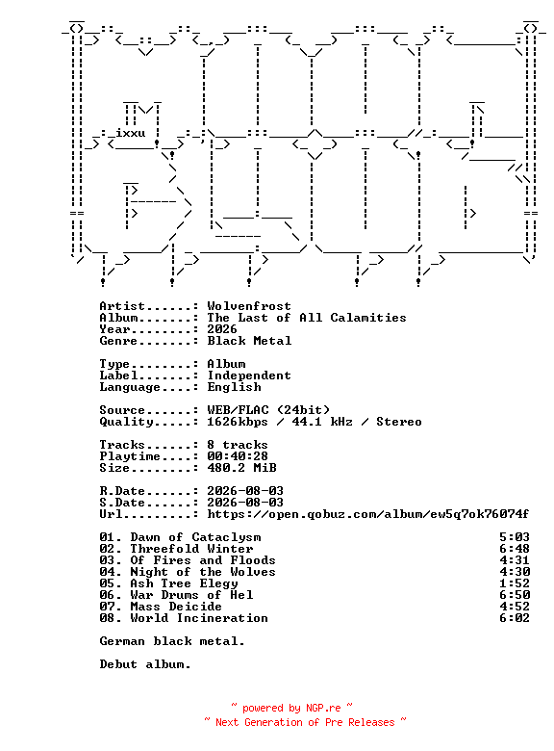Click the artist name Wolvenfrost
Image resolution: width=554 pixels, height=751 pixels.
(x=249, y=306)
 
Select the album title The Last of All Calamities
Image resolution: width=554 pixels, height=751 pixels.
(x=307, y=318)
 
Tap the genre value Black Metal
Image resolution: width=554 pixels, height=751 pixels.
(x=249, y=341)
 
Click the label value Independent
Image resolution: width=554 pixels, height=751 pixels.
(x=249, y=375)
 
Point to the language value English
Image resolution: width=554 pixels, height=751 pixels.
(x=234, y=387)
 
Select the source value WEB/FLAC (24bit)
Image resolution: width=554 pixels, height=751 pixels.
(x=268, y=410)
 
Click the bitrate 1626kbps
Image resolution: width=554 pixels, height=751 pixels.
(x=238, y=422)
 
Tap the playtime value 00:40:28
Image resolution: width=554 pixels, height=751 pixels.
(x=238, y=456)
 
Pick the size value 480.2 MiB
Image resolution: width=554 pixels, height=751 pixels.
(x=241, y=468)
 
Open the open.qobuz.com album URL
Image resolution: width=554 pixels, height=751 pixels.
(x=368, y=514)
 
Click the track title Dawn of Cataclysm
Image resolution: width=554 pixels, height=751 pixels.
(x=195, y=537)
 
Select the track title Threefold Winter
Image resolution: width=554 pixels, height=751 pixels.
(x=191, y=549)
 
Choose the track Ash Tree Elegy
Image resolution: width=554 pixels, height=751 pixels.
(x=185, y=583)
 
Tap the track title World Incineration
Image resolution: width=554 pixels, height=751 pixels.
(x=199, y=618)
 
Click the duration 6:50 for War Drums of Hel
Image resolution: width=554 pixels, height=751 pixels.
(x=515, y=595)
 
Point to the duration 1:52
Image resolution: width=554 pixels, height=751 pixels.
(x=515, y=583)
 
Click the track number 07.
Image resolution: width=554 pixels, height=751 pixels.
(x=108, y=607)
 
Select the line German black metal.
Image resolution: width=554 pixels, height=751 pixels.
(x=172, y=641)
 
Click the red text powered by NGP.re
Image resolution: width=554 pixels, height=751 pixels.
(x=291, y=708)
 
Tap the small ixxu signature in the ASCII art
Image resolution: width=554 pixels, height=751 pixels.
(x=130, y=133)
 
